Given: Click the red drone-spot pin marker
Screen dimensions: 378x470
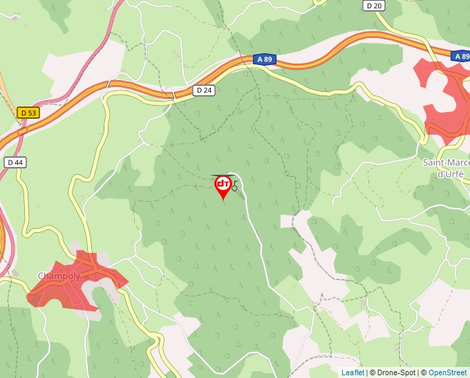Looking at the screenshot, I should tap(223, 185).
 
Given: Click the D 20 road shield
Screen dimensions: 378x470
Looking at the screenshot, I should tap(374, 6).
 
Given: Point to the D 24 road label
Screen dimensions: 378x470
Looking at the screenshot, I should tap(203, 90).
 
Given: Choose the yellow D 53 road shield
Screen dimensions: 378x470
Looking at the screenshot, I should tap(28, 113).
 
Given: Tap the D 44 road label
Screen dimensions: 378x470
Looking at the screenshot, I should tap(15, 162).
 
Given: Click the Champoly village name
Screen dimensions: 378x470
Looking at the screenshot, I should tap(59, 276).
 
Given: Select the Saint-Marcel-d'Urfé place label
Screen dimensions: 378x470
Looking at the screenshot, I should tap(446, 168).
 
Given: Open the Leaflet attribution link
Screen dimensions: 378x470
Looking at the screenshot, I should tap(352, 372).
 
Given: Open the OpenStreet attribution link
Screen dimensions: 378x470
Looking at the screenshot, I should tap(447, 372).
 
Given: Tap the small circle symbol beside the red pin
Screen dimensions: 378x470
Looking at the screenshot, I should tap(235, 187).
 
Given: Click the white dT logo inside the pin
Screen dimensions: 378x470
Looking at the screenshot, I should tap(223, 183).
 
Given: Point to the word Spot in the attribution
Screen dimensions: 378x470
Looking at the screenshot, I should tap(408, 372).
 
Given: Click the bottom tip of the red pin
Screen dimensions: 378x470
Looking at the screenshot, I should tap(223, 200).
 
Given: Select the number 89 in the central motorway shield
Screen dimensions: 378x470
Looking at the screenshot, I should tap(267, 60).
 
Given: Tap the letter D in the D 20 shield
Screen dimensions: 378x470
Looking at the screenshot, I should tap(370, 6).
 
